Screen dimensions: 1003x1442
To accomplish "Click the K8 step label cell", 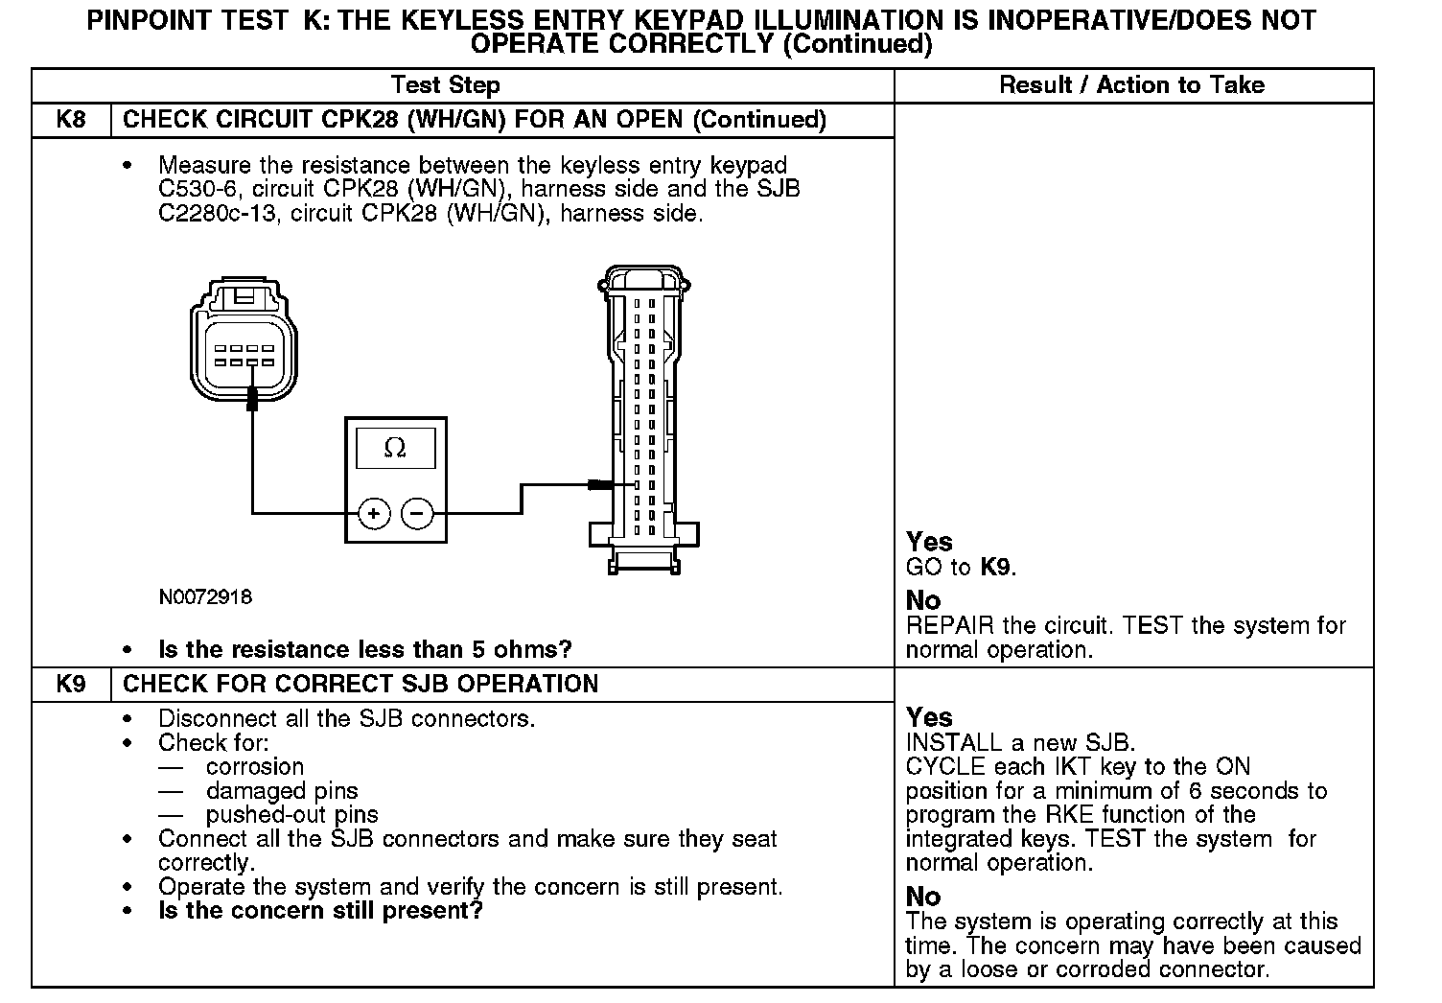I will click(x=71, y=120).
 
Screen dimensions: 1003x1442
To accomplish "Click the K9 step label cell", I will click(x=71, y=685).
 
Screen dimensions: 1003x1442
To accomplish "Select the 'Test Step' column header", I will click(x=446, y=85).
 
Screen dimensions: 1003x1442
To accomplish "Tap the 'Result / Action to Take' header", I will click(x=1132, y=85).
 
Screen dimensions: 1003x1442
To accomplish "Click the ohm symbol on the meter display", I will click(x=394, y=448).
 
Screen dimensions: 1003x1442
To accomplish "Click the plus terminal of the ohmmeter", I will click(x=374, y=514).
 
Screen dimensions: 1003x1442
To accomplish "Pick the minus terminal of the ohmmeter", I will click(x=416, y=514).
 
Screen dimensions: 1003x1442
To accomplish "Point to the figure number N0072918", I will click(x=205, y=597).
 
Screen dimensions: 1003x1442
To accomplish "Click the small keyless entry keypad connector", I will click(x=244, y=340).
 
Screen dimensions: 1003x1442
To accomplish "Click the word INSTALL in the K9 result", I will click(x=949, y=743).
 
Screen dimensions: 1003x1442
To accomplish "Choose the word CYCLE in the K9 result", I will click(x=944, y=767).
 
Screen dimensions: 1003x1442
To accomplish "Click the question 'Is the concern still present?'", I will click(x=320, y=911).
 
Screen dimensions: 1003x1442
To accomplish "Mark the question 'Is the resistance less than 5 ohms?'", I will click(x=364, y=650).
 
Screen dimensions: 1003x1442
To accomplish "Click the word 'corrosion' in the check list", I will click(x=254, y=767).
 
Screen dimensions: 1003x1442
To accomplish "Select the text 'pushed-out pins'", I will click(x=291, y=815).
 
